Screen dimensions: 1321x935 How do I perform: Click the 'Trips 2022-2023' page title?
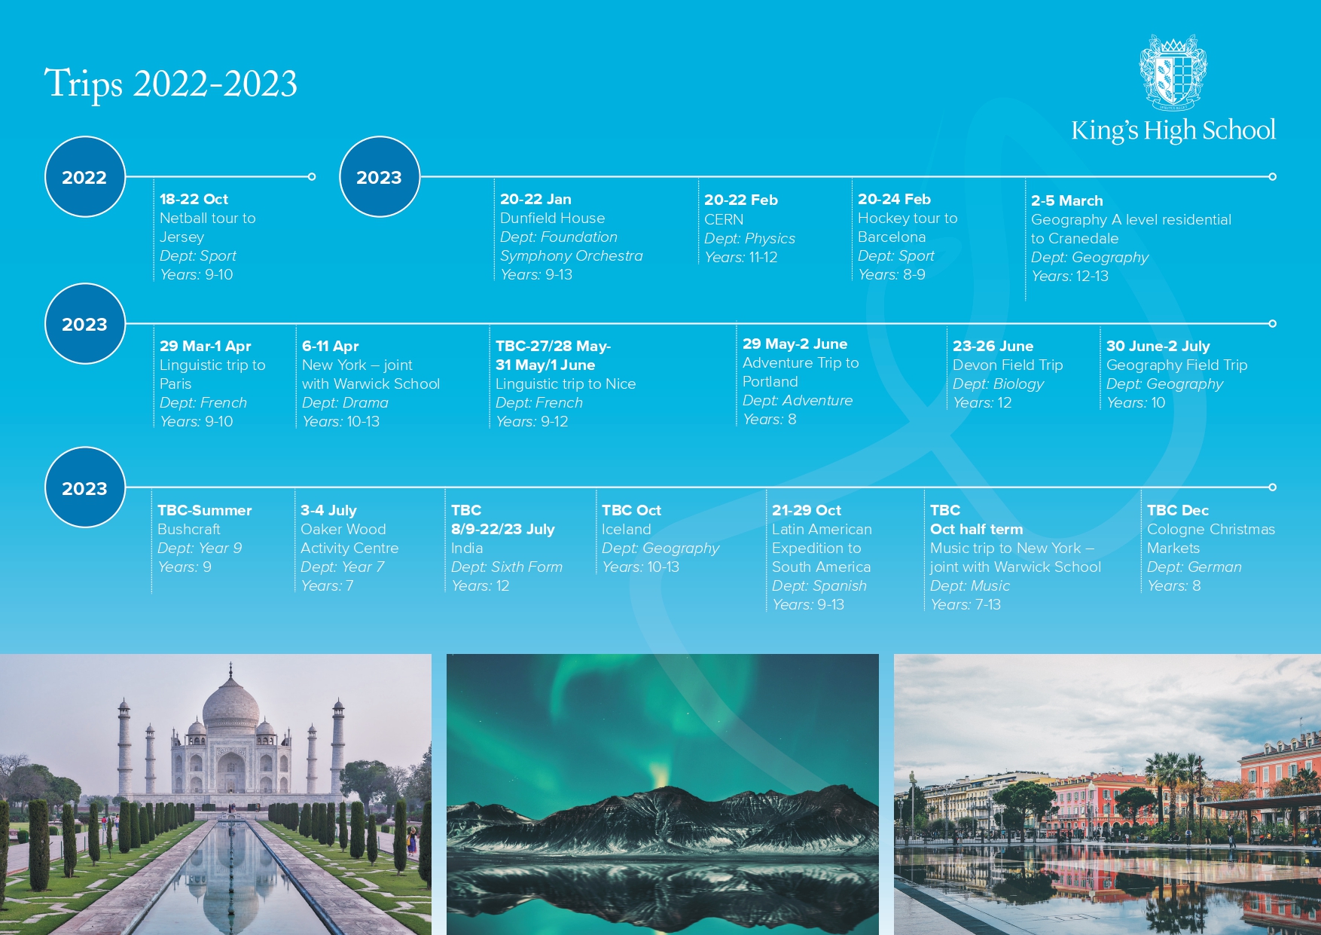[x=171, y=84]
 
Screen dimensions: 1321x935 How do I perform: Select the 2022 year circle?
[x=85, y=177]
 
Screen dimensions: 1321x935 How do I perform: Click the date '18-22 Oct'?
[x=194, y=200]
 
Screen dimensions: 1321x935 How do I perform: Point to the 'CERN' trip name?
[x=724, y=219]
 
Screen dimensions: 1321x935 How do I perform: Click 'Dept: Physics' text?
[x=749, y=239]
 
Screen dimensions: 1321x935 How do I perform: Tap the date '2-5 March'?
[x=1066, y=201]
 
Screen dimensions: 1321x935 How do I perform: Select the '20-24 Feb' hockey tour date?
[x=894, y=200]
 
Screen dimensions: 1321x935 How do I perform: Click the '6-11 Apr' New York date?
[x=330, y=347]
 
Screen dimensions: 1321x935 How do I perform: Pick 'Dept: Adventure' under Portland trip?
[x=798, y=401]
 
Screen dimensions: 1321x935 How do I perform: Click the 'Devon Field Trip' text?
[x=1008, y=365]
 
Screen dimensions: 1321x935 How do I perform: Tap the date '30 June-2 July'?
[x=1158, y=347]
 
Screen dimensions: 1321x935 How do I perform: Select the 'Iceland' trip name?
[x=626, y=530]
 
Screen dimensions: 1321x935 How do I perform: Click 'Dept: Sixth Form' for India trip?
[x=507, y=567]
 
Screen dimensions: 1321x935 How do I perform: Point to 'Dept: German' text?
[x=1194, y=567]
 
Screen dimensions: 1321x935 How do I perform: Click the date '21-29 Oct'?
[x=806, y=511]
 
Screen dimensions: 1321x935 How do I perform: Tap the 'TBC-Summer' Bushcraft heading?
[x=204, y=511]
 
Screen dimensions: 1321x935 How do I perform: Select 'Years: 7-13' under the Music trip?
[x=966, y=605]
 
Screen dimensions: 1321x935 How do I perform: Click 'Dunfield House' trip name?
[x=552, y=218]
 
